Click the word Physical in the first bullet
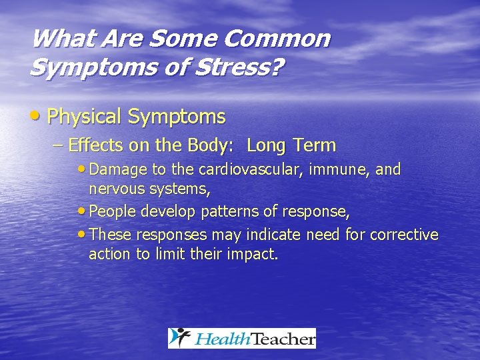pos(85,117)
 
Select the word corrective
pos(404,235)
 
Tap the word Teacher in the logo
pos(283,339)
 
